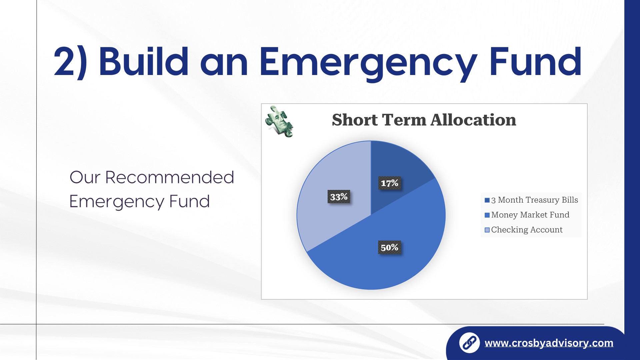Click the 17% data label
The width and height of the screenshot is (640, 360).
389,183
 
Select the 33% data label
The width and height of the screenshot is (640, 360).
339,197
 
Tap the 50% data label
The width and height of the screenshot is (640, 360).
389,247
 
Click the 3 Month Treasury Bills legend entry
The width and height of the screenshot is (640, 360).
531,200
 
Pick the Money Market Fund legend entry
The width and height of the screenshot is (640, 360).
527,215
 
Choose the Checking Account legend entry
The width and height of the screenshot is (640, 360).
524,230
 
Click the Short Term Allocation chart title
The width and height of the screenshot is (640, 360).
424,120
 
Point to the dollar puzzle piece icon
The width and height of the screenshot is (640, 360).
279,122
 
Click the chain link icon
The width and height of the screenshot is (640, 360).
469,343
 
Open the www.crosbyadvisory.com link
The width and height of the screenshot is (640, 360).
549,343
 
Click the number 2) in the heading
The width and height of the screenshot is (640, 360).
70,63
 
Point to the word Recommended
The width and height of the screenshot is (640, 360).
169,177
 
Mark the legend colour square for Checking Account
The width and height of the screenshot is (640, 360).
487,230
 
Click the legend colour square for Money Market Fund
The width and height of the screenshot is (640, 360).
487,215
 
